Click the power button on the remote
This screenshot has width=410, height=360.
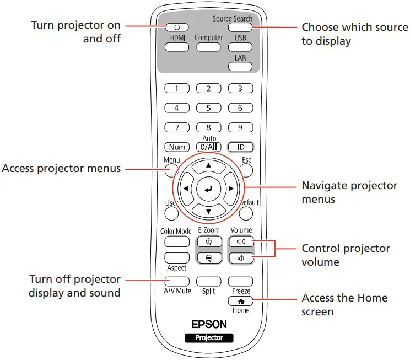tap(177, 26)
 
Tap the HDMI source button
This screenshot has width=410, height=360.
tap(177, 47)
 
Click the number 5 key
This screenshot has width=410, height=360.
tap(208, 108)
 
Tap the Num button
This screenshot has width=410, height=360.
tap(177, 147)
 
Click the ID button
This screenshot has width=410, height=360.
tap(240, 147)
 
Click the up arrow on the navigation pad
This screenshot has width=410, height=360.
tap(208, 165)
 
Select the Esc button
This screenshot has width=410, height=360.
tap(246, 169)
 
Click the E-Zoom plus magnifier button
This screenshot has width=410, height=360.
tap(209, 241)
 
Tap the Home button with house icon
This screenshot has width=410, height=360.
tap(241, 301)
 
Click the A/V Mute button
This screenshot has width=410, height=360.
tap(176, 282)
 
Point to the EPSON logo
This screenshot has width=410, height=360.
tap(208, 325)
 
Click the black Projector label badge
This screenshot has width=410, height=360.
tap(208, 337)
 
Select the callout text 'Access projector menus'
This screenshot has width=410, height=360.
tap(61, 169)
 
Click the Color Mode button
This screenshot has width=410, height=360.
tap(176, 241)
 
